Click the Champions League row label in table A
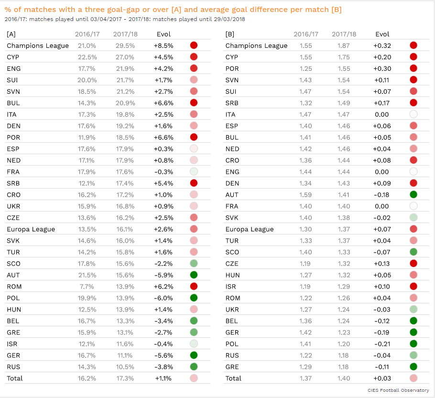38,45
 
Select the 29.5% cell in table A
125,45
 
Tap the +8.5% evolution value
163,45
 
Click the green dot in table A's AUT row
194,275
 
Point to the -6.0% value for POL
163,298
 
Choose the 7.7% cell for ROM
87,287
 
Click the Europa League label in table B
250,229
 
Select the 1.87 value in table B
343,45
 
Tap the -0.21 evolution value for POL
382,344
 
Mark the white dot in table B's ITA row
413,114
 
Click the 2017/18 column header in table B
344,34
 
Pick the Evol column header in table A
163,34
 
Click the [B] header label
230,34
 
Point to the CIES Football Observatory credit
398,390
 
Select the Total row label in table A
15,378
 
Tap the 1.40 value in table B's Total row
344,378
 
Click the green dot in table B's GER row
413,332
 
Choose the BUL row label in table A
13,103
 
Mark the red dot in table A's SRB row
194,183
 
